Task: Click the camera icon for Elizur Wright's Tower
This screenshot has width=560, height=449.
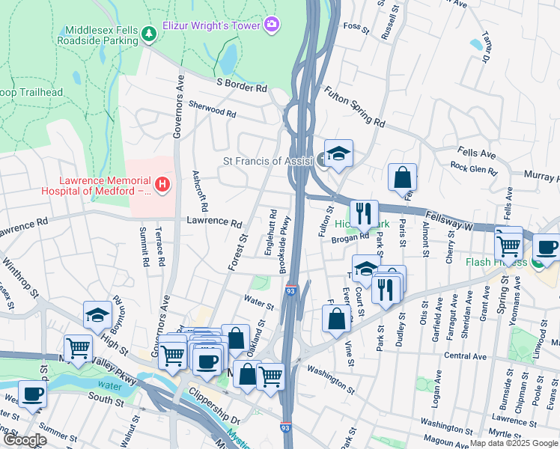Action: click(x=271, y=25)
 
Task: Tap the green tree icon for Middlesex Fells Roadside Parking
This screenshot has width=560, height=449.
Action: click(x=149, y=32)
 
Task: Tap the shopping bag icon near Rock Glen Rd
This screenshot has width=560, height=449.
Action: click(x=402, y=178)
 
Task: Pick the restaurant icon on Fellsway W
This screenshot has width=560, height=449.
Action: click(x=364, y=213)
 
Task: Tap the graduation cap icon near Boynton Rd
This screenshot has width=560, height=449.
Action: click(x=97, y=316)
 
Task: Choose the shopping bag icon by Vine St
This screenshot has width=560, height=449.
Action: click(x=337, y=317)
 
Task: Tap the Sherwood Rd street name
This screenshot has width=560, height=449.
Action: click(x=212, y=109)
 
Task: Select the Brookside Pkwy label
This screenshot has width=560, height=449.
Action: click(x=284, y=245)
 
